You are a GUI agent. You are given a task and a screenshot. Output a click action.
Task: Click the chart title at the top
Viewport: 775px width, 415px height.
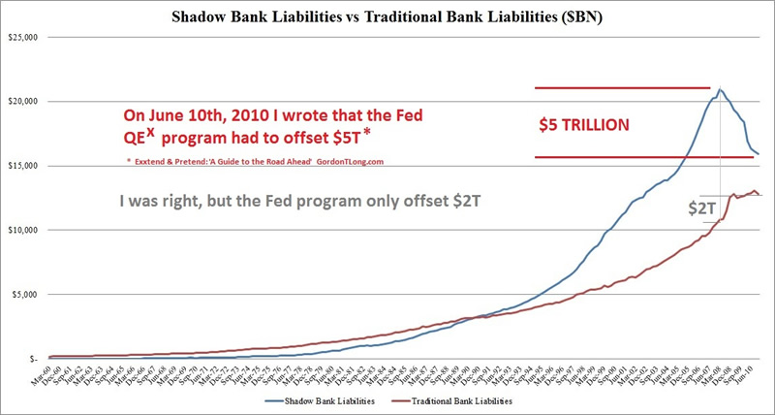tap(387, 16)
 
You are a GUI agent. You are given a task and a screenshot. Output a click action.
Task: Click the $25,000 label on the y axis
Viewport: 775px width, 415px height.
tap(22, 38)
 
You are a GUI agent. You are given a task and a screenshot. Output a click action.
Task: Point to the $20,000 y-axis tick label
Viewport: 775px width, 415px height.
tap(22, 102)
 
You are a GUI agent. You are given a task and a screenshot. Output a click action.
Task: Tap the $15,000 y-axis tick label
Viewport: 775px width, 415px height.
tap(22, 166)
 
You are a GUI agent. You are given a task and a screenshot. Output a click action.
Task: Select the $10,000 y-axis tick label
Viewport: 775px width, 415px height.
tap(22, 230)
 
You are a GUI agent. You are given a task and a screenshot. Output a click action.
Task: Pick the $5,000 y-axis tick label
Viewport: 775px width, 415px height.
tap(24, 294)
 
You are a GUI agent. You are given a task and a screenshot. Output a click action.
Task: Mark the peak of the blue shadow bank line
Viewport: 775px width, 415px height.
tap(719, 89)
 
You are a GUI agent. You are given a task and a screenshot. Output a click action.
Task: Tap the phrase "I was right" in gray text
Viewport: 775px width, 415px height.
tap(160, 204)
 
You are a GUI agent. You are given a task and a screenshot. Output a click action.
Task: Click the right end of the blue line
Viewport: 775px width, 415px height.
tap(759, 153)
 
